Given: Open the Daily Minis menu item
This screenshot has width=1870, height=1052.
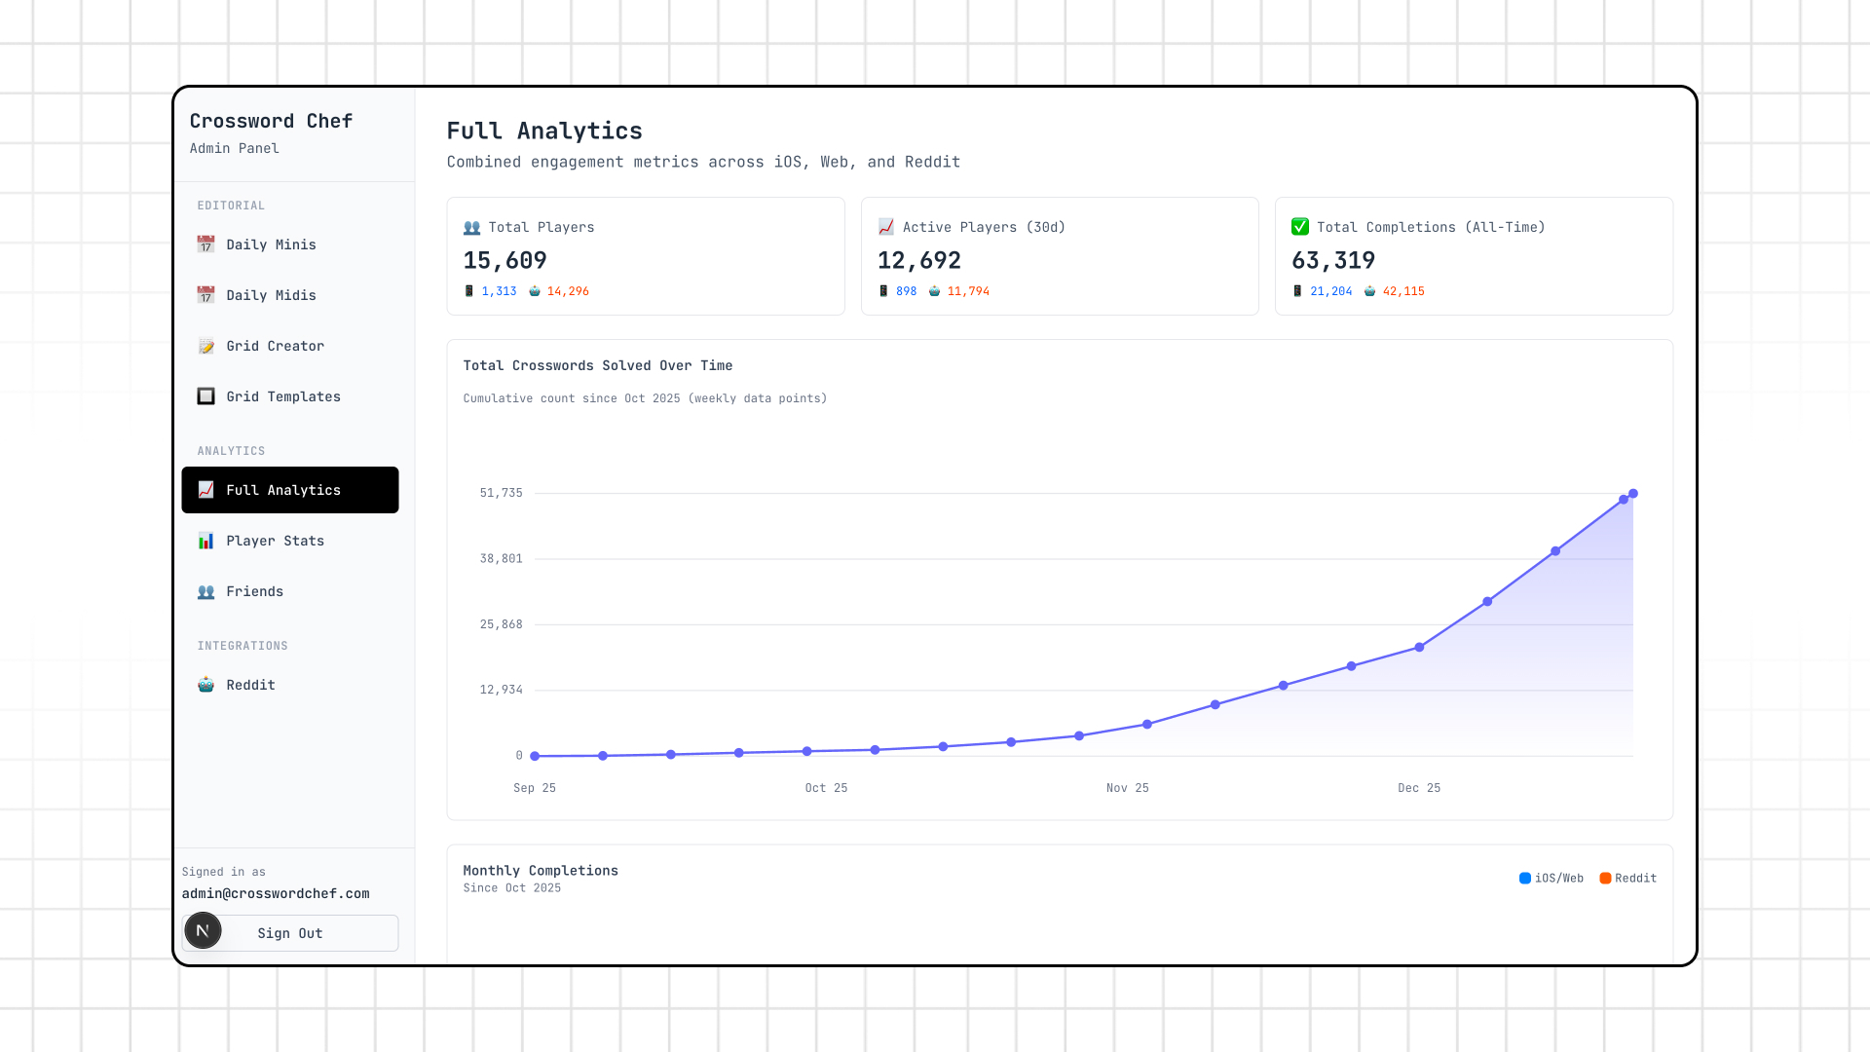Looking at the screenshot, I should tap(271, 244).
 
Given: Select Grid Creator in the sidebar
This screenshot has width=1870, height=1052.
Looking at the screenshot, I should tap(275, 346).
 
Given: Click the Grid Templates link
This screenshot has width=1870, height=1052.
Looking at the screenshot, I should tap(282, 396).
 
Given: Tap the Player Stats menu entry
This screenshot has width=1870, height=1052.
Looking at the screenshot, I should tap(275, 541).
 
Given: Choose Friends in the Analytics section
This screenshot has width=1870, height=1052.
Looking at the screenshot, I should tap(254, 591).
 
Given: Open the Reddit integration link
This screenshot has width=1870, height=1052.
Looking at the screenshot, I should tap(250, 685).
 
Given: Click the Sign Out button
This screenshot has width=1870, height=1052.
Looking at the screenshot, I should tap(290, 933).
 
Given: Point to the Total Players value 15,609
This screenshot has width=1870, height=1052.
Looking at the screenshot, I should tap(505, 260).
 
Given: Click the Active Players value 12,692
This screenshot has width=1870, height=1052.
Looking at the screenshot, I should tap(918, 260).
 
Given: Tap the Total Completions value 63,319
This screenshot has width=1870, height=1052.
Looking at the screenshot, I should tap(1332, 260).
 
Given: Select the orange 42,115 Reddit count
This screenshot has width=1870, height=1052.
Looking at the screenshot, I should tap(1403, 291).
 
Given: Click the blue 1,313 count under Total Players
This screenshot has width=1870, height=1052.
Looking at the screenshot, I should tap(499, 291).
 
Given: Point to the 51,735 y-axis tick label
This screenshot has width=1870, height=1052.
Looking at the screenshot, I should tap(501, 493).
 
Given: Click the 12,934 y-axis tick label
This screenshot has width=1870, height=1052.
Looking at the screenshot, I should tap(501, 690).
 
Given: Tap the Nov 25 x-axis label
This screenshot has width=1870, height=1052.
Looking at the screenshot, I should tap(1127, 788).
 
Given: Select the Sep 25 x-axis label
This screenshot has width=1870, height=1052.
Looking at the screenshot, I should tap(534, 788).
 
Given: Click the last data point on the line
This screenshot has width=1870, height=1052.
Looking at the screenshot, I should tap(1633, 494).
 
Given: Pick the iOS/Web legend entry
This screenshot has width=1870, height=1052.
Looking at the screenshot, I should tap(1552, 879).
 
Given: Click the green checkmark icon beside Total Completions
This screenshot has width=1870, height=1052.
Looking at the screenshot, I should tap(1300, 227).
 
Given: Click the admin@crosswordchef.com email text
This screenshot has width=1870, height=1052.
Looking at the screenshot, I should tap(276, 893).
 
